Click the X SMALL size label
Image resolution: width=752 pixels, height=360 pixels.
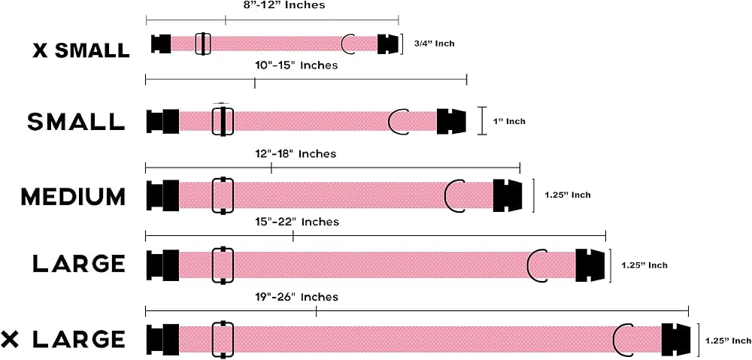[x=81, y=50]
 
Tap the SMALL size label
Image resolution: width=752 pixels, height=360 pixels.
[x=76, y=122]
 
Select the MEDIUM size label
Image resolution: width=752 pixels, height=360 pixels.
[x=73, y=197]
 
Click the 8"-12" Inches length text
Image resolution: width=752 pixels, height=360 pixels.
[x=284, y=5]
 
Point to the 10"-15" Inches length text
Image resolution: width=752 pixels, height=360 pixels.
[x=296, y=65]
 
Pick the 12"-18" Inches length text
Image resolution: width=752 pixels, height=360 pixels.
[x=296, y=154]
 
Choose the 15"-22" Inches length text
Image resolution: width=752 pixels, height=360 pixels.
[x=297, y=222]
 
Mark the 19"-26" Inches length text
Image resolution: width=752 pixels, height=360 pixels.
[x=296, y=297]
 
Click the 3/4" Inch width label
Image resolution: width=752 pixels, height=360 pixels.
[x=434, y=44]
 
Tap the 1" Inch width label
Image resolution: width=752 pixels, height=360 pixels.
[x=509, y=121]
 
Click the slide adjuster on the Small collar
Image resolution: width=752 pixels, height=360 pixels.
[x=223, y=121]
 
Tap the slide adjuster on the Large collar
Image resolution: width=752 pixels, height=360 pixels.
[x=223, y=265]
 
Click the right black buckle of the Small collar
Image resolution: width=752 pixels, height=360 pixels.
[x=451, y=121]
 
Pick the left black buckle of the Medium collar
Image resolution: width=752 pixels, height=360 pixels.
[x=162, y=195]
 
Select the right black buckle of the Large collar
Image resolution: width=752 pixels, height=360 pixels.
[x=590, y=265]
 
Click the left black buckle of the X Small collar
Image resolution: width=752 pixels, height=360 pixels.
[x=161, y=44]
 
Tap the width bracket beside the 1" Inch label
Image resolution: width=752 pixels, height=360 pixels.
[x=484, y=121]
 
